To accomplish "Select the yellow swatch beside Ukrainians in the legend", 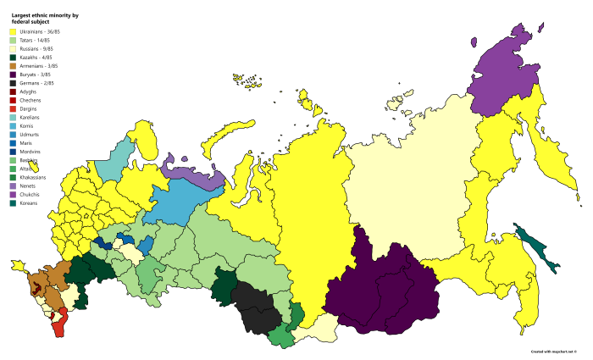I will click(x=13, y=31).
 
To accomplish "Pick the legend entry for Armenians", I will click(x=38, y=65).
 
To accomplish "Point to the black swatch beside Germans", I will click(x=13, y=83).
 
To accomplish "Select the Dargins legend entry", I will click(x=29, y=108).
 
